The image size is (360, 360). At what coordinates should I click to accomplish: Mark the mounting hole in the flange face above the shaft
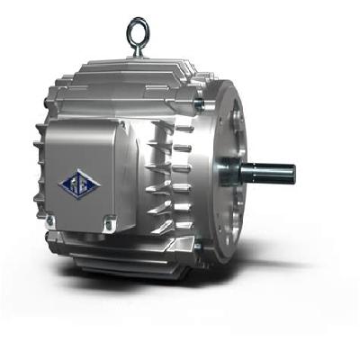pos(236,117)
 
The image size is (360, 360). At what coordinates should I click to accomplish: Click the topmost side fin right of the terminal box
pos(162,126)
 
